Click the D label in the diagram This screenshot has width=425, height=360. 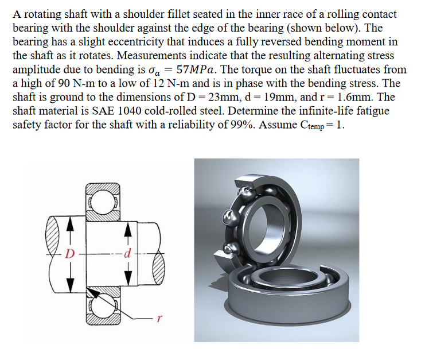pyautogui.click(x=71, y=253)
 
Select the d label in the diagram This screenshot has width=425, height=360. pyautogui.click(x=129, y=253)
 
